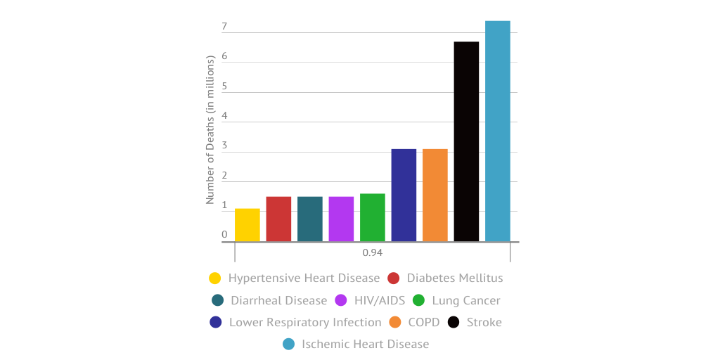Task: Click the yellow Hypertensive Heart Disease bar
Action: click(247, 225)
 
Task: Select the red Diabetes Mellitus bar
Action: click(278, 219)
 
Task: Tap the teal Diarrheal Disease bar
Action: click(310, 219)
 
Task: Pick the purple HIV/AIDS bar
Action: click(341, 219)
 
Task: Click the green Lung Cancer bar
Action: click(373, 217)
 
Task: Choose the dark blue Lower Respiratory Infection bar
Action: click(404, 195)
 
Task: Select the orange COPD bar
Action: click(435, 195)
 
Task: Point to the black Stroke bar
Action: click(466, 141)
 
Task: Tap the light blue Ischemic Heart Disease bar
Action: click(498, 131)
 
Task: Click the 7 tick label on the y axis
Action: click(224, 27)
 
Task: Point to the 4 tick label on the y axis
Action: click(224, 116)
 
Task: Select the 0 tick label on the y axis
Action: click(224, 235)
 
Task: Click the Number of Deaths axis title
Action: click(210, 129)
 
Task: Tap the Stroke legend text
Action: click(484, 322)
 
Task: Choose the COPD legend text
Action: click(423, 322)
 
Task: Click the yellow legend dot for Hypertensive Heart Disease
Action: click(215, 278)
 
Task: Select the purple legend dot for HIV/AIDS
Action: click(340, 300)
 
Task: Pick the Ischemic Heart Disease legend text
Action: click(365, 344)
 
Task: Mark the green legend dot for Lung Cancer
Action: click(418, 300)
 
